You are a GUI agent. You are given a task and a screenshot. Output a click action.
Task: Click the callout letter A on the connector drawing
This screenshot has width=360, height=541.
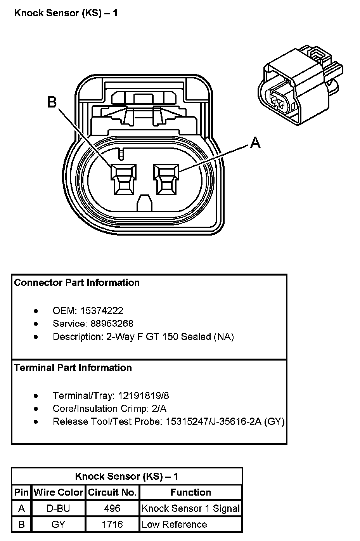255,142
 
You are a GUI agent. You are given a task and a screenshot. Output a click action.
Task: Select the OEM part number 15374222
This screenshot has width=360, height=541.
102,310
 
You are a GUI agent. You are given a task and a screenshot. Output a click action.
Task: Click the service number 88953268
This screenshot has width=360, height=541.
112,323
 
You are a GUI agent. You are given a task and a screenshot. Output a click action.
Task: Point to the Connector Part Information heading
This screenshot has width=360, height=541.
77,283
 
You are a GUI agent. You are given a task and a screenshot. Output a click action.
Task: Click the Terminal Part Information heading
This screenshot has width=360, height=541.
73,368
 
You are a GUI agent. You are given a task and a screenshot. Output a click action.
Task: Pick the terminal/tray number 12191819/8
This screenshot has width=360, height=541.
144,395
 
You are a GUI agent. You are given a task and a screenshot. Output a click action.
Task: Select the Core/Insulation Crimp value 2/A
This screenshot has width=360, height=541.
159,408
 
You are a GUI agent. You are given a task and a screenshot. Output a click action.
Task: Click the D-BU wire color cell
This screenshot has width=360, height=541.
58,508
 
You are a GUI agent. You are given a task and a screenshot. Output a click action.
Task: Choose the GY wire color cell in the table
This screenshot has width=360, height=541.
58,524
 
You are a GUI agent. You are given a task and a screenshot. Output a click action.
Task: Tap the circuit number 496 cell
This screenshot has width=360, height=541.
112,508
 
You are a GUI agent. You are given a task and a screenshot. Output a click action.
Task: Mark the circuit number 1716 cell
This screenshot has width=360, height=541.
112,524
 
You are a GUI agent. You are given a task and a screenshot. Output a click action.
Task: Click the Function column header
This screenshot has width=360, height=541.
191,492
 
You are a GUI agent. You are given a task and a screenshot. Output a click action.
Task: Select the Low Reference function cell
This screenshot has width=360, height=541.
175,524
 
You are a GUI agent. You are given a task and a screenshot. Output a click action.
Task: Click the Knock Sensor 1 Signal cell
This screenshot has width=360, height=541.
190,508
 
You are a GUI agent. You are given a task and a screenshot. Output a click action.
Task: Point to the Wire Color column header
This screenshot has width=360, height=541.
59,492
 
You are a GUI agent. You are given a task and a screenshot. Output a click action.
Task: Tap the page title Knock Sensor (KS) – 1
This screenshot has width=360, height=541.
66,13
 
